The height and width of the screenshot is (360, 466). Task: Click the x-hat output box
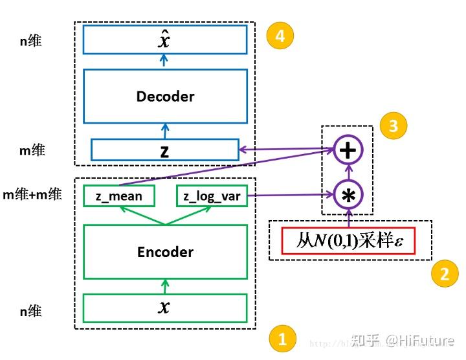pos(165,39)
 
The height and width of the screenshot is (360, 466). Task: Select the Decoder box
pos(165,96)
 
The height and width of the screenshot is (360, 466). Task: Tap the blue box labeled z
pos(165,150)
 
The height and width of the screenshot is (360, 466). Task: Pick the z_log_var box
pos(212,196)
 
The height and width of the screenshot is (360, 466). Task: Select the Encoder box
pos(165,252)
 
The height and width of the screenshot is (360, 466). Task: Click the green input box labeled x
pos(165,308)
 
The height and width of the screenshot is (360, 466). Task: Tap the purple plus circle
pos(348,150)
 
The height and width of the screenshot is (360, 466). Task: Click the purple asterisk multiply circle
pos(348,195)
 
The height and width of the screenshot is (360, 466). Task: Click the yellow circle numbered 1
pos(282,339)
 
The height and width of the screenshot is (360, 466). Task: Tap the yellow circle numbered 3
pos(393,125)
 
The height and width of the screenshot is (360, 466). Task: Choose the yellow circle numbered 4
pos(280,36)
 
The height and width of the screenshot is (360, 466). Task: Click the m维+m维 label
pos(32,194)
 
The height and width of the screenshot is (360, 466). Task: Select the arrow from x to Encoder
pos(165,286)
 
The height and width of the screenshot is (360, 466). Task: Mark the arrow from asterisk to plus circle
pos(348,173)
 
